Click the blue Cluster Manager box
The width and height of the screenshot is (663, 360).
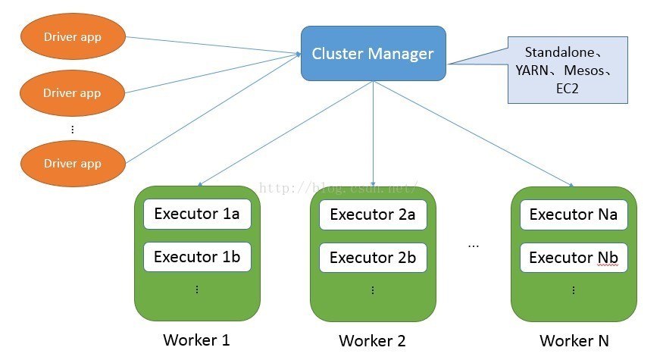click(374, 53)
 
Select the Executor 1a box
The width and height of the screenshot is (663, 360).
click(197, 214)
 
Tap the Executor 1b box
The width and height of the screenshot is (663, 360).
click(197, 257)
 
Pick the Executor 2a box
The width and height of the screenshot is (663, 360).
click(373, 215)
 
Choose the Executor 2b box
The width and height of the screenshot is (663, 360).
click(373, 258)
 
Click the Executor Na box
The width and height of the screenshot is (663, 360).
click(574, 215)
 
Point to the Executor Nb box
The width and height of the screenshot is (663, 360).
click(574, 258)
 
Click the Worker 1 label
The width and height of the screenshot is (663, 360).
click(196, 340)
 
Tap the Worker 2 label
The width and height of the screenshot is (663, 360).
click(372, 341)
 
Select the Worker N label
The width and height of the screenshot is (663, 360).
click(574, 341)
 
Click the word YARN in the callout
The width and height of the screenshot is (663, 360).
click(532, 70)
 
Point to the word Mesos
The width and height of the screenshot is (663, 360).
click(584, 70)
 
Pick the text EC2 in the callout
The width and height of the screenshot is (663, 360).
click(568, 89)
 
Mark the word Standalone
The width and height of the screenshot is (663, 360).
click(559, 52)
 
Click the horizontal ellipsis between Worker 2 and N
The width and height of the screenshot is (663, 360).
click(474, 246)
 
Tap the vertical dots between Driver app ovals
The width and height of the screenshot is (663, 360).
click(73, 130)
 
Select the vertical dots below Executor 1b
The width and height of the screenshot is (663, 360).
click(197, 290)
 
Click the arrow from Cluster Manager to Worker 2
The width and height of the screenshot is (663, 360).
click(373, 133)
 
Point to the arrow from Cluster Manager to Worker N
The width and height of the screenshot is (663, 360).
click(474, 133)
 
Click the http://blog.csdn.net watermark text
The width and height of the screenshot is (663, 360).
click(339, 187)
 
